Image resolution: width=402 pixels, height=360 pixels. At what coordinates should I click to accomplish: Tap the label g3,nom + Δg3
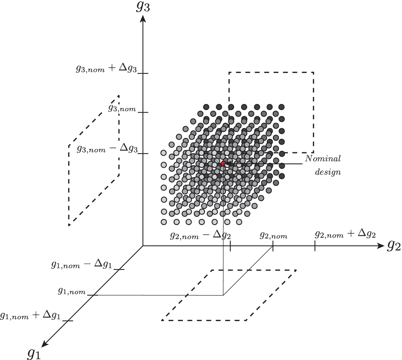point(105,69)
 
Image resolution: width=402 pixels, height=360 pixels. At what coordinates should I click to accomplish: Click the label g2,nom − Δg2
point(200,235)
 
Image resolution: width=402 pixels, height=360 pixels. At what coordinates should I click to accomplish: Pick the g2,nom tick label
point(273,235)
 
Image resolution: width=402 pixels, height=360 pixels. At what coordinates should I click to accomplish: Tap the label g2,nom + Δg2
point(345,234)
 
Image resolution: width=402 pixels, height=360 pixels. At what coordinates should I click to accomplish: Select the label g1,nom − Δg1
point(82,265)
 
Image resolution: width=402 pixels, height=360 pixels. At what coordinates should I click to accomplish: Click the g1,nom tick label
point(72,291)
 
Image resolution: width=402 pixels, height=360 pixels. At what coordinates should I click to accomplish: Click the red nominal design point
point(224,164)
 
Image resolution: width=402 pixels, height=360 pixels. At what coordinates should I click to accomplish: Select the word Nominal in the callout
point(323,158)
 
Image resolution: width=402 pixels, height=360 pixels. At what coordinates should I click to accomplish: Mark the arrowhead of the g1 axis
point(45,344)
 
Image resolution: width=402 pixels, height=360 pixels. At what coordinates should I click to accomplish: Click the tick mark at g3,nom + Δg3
point(143,73)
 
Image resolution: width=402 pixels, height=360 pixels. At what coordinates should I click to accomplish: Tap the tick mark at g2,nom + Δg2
point(315,246)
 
